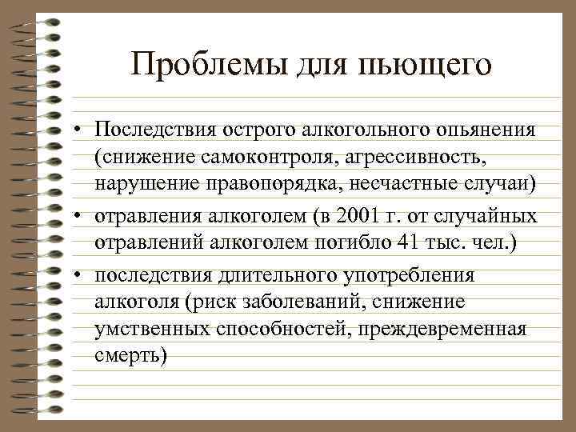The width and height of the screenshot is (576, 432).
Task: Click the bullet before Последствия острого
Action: click(82, 130)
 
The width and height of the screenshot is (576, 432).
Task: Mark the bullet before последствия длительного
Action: click(82, 276)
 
